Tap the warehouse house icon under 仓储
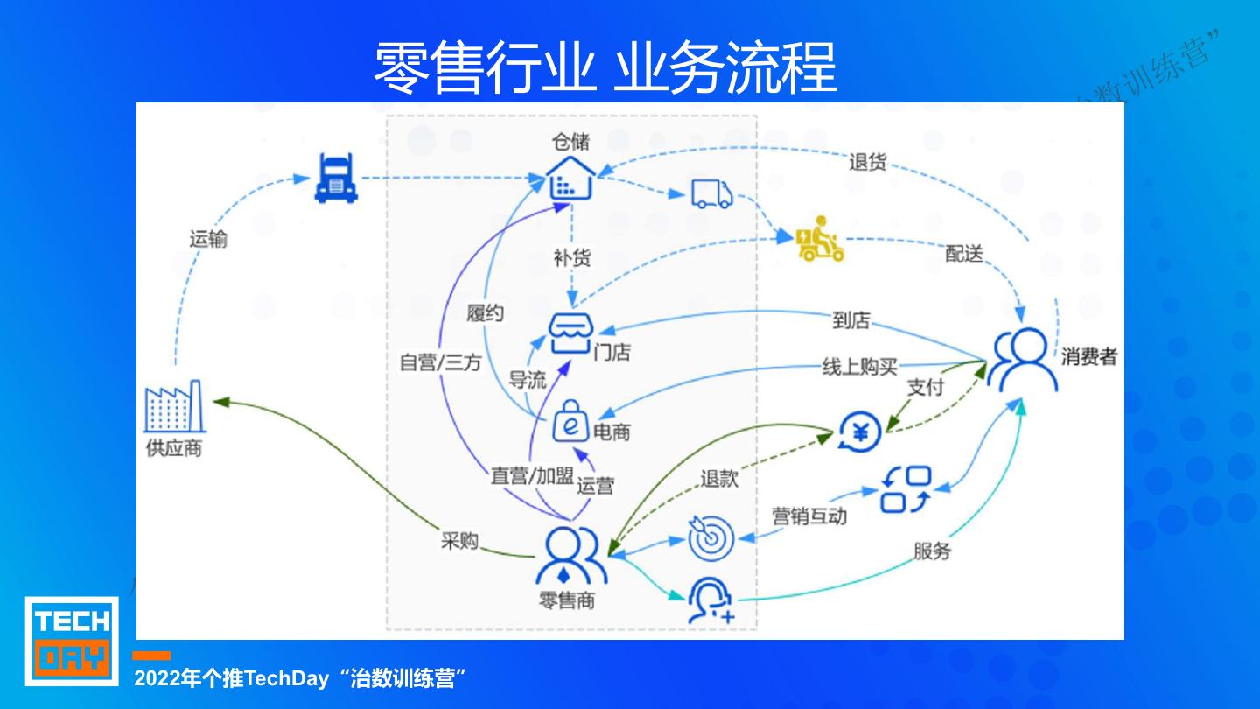[570, 179]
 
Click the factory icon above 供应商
[173, 409]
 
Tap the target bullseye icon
[710, 538]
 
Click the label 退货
[867, 162]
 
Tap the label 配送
[964, 254]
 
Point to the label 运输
[208, 238]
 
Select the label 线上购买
[859, 367]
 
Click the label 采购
[459, 541]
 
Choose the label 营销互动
[808, 516]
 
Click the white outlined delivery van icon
[711, 193]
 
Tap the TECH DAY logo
[72, 640]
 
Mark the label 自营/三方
[440, 362]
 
